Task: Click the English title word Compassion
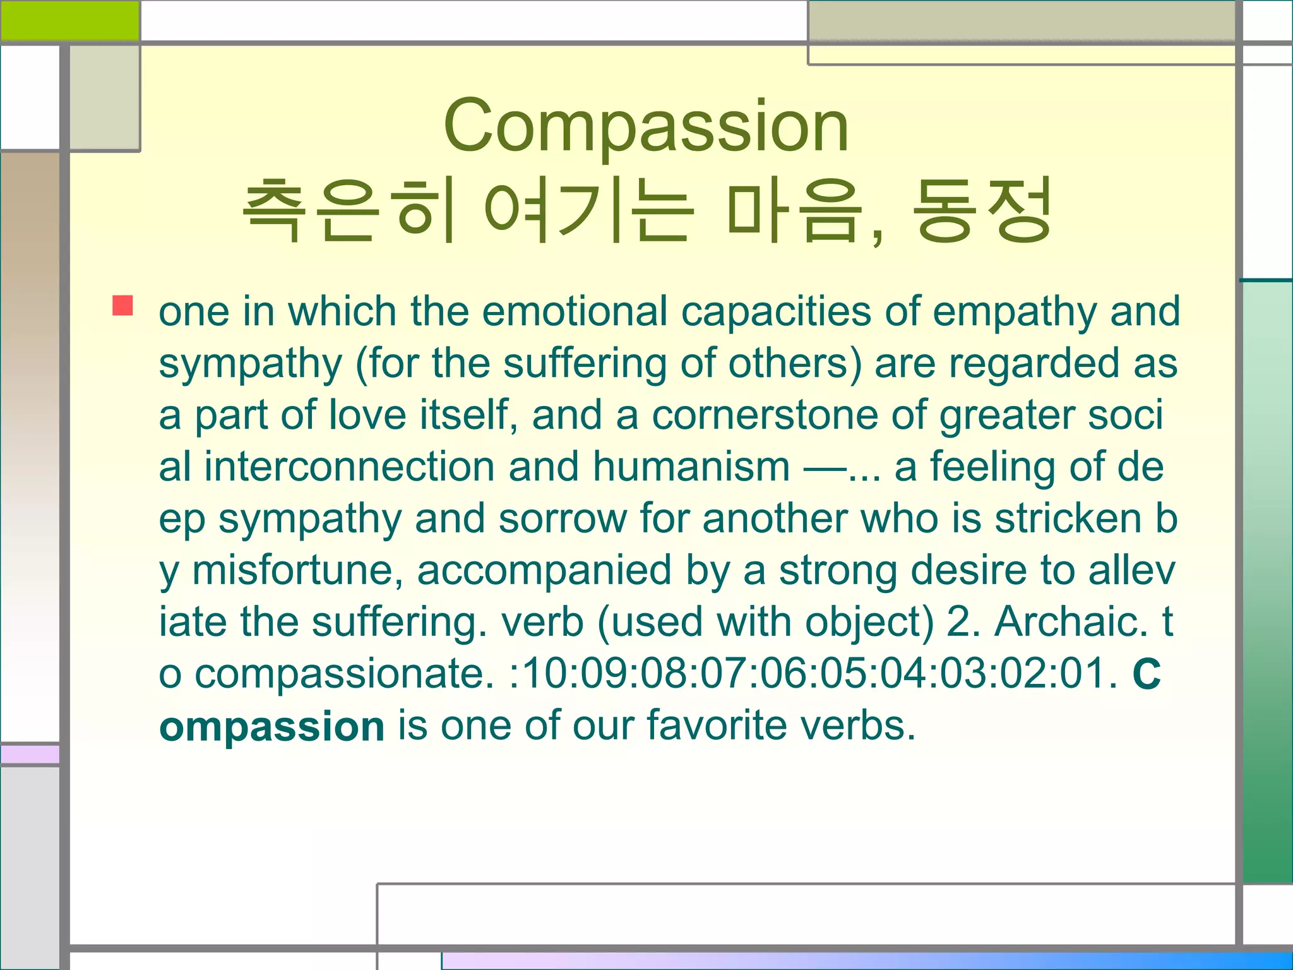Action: click(646, 126)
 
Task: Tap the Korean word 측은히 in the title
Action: click(349, 210)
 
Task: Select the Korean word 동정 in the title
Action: click(982, 210)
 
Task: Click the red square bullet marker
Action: click(122, 306)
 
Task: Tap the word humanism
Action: click(691, 467)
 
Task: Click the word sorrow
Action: click(563, 518)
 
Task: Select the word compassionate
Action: click(344, 674)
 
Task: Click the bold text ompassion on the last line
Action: click(271, 727)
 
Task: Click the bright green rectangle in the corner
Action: click(69, 20)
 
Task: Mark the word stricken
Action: click(1068, 518)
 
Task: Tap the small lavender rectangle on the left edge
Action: click(30, 754)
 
